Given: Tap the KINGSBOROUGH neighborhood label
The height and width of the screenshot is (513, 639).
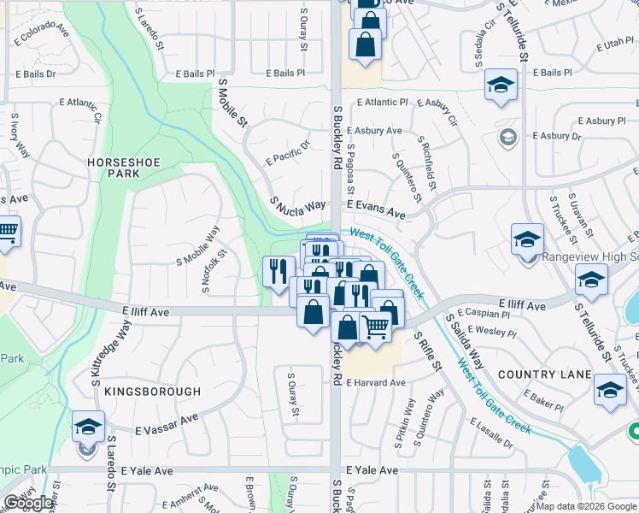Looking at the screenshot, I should pos(153,392).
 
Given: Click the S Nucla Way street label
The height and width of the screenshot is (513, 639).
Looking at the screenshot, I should pos(298,206).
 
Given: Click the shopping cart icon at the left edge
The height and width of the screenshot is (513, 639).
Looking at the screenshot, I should pos(7,232).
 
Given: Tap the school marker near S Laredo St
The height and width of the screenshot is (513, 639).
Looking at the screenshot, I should pos(89,426).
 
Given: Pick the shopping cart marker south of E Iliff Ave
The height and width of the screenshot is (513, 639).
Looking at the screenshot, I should pos(376,326).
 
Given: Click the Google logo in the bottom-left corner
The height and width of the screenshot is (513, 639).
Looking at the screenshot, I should pos(28,503).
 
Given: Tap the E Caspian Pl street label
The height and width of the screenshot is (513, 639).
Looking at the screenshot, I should pos(484,315).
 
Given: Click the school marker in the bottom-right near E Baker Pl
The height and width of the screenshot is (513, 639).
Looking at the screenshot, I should pos(610,390).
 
